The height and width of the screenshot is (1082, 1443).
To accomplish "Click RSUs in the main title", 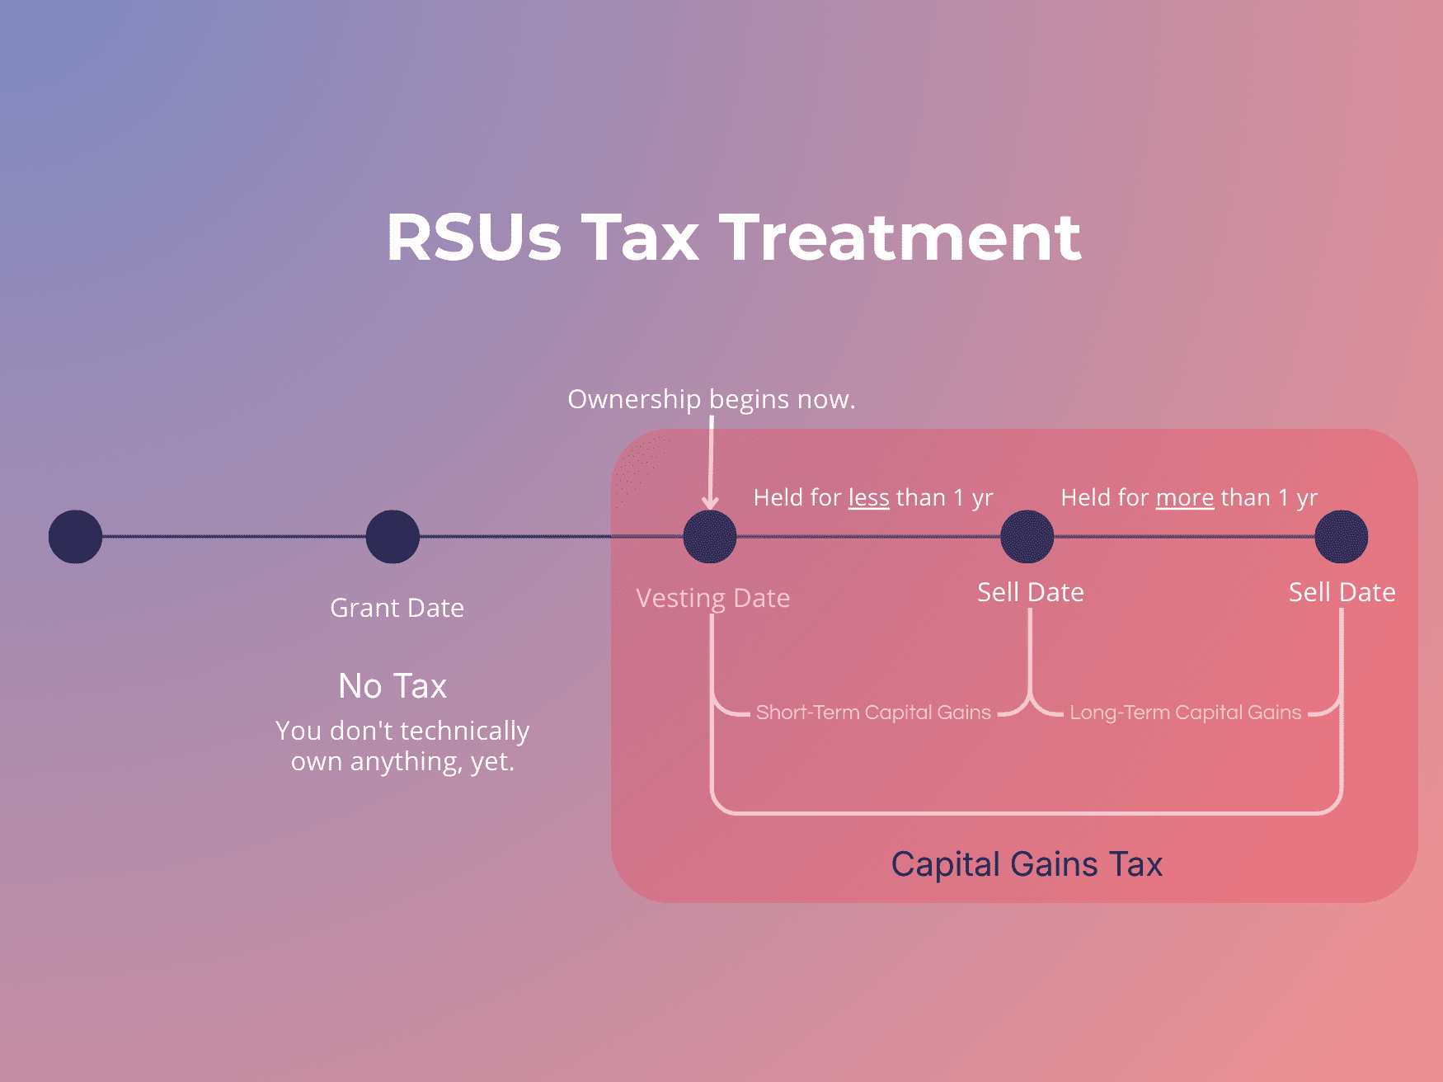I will click(474, 238).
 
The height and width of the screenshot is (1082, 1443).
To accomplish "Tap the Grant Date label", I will click(397, 608).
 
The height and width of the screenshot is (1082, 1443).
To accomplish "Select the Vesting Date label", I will click(712, 598).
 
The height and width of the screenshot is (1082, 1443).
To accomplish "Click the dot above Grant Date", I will click(392, 537).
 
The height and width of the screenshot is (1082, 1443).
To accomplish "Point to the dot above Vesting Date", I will click(710, 537).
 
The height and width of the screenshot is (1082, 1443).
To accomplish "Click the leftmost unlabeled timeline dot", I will click(75, 537).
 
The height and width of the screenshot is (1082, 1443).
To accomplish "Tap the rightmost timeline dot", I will click(1341, 537).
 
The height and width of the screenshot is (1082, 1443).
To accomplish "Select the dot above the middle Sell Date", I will click(1027, 537).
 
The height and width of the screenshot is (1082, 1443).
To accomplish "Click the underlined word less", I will click(868, 498).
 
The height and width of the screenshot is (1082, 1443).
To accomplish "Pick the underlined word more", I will click(1184, 498).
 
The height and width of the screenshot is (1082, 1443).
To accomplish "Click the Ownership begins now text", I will click(712, 399).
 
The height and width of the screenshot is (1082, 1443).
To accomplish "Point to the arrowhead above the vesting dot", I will click(710, 502).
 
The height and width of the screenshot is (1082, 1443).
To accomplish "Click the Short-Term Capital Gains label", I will click(872, 713).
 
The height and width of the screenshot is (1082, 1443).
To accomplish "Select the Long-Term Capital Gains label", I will click(1185, 713).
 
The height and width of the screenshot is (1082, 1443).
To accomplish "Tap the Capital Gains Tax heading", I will click(1027, 864).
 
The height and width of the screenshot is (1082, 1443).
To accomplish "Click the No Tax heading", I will click(392, 686).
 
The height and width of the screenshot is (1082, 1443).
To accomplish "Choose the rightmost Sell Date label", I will click(1342, 592).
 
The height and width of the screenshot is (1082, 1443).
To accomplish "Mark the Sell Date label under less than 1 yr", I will click(1030, 592).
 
